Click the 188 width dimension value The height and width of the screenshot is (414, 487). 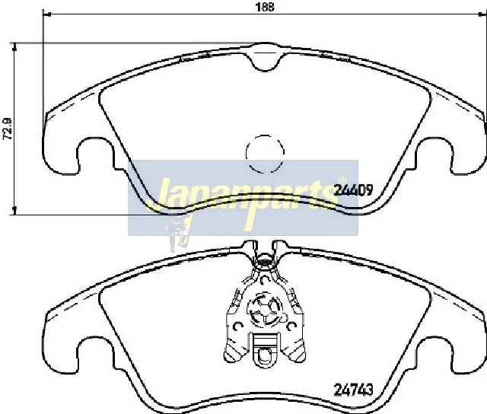(265, 7)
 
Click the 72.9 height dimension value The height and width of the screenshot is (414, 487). (7, 129)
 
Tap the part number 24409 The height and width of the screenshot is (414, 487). (353, 189)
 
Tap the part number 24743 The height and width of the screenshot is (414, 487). (353, 390)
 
